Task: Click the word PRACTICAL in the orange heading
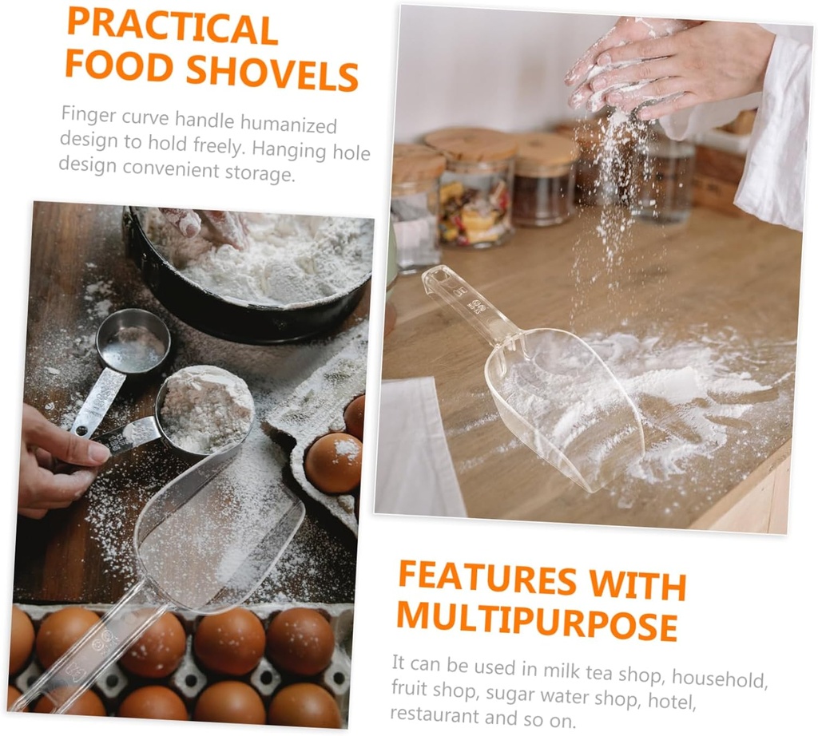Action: point(173,27)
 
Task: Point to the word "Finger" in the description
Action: point(88,115)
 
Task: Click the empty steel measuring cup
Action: point(133,342)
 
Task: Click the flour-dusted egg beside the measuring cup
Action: point(333,463)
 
